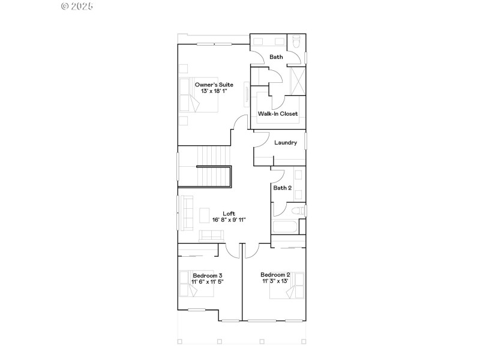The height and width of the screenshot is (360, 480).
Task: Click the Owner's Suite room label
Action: tap(214, 85)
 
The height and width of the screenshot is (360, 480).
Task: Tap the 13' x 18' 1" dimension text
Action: tap(214, 91)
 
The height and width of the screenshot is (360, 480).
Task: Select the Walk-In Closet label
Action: tap(278, 113)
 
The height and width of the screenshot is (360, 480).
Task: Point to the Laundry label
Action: tap(286, 143)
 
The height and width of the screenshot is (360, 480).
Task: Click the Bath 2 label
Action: tap(283, 188)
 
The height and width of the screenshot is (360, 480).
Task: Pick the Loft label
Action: tap(229, 213)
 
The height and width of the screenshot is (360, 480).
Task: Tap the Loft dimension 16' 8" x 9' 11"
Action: tap(229, 220)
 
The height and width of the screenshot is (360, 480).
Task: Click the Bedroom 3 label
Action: tap(207, 275)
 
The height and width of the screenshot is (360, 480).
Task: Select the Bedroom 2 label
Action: tap(275, 275)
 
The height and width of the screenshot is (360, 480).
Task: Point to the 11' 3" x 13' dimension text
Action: tap(275, 281)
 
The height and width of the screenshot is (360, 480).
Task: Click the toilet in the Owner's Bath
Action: tap(296, 43)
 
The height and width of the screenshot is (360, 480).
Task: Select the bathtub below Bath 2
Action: tap(285, 227)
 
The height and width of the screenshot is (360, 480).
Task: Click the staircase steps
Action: tap(213, 176)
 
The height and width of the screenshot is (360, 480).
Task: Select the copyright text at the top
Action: tap(77, 6)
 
